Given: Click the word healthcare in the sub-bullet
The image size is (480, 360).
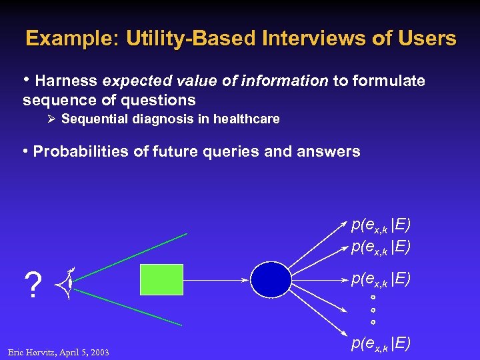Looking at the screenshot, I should (x=247, y=119).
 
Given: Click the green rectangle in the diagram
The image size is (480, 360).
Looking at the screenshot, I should (x=161, y=279).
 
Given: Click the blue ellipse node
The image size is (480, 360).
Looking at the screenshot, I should (x=270, y=279).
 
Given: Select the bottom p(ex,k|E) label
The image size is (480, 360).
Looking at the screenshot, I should (x=381, y=343).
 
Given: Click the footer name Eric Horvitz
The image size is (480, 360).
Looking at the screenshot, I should (x=33, y=352).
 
